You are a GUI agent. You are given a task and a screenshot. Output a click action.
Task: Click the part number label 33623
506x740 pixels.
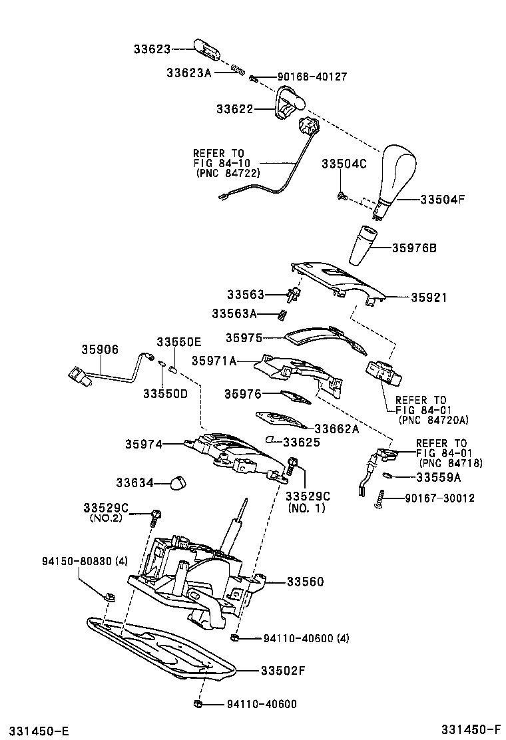(x=152, y=49)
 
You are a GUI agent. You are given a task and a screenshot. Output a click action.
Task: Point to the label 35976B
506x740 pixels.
(x=413, y=248)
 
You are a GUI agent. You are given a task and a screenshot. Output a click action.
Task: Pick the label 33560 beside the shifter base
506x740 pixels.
(x=305, y=582)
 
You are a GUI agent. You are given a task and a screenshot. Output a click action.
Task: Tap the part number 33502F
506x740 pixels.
(x=282, y=670)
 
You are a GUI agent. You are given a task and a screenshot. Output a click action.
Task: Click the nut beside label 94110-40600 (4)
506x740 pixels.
(x=235, y=639)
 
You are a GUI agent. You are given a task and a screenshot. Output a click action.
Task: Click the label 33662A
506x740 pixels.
(x=336, y=429)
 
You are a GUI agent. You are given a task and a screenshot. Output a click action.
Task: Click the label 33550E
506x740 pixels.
(x=178, y=341)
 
